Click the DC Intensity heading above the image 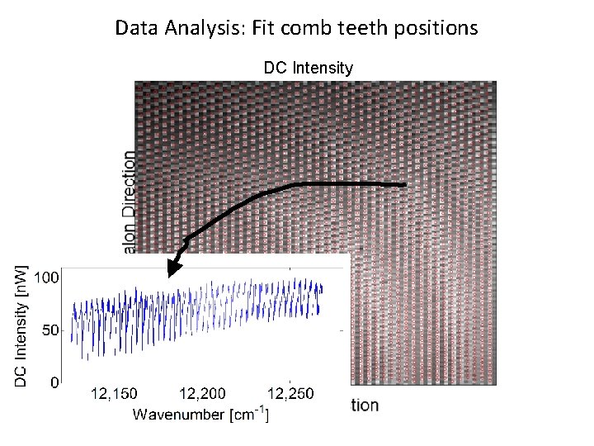pyautogui.click(x=308, y=68)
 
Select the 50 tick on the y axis pyautogui.click(x=50, y=330)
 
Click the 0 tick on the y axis pyautogui.click(x=54, y=382)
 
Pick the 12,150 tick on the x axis pyautogui.click(x=114, y=394)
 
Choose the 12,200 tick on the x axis pyautogui.click(x=202, y=394)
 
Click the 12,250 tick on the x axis pyautogui.click(x=290, y=394)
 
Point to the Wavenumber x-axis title pyautogui.click(x=180, y=414)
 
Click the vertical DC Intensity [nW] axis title pyautogui.click(x=22, y=325)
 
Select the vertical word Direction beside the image pyautogui.click(x=129, y=184)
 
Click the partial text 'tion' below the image pyautogui.click(x=365, y=405)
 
